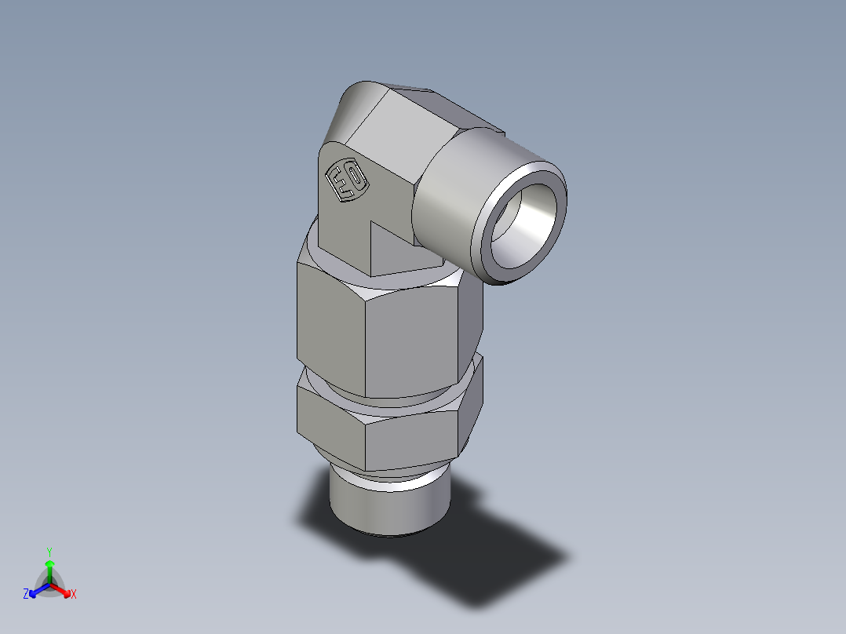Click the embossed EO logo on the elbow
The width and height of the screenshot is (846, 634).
[346, 181]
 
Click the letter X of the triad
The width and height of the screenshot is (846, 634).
[74, 595]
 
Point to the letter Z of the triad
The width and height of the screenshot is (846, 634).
[26, 595]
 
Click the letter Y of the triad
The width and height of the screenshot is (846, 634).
[49, 551]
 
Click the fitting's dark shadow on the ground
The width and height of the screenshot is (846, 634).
[487, 565]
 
